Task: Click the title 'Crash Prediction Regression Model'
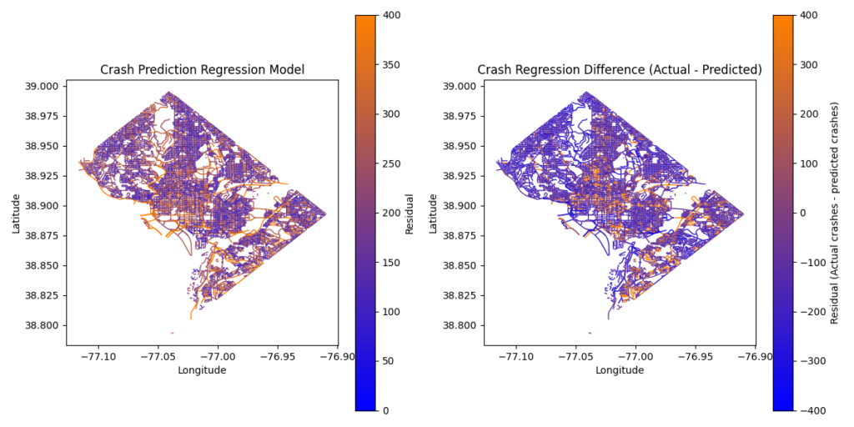coord(202,70)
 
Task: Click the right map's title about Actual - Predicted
coord(620,70)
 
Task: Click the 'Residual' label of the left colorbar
coord(410,213)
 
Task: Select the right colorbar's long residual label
coord(833,213)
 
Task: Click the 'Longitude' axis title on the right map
coord(620,370)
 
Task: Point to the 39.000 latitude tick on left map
coord(42,86)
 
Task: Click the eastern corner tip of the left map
coord(326,214)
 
